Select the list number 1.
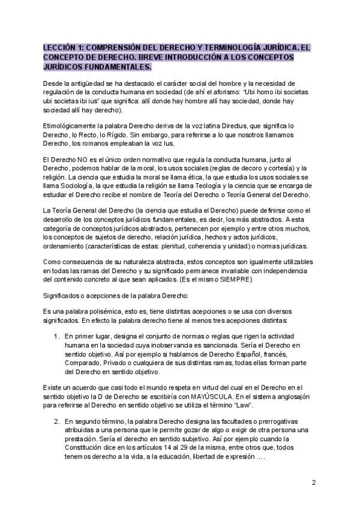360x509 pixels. tap(57, 336)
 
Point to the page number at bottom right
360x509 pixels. tap(314, 483)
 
